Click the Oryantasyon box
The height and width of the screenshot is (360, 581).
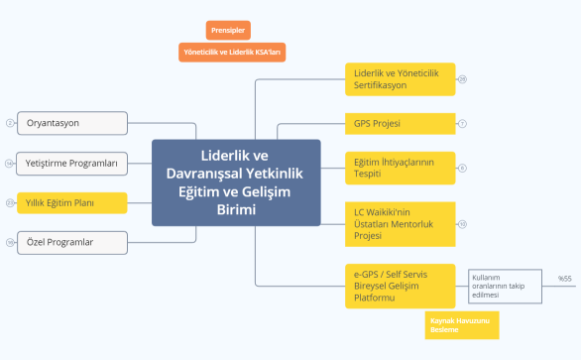pos(72,123)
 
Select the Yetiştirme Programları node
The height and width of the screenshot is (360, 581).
pos(72,163)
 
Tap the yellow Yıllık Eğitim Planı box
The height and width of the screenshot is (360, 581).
pos(72,202)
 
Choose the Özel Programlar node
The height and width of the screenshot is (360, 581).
pos(72,242)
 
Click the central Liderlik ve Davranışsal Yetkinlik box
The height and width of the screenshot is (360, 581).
pos(236,182)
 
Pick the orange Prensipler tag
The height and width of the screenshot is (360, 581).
pos(229,30)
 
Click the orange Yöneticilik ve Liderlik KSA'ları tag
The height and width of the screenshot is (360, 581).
pos(233,52)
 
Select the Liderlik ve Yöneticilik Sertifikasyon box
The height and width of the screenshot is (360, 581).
pos(400,79)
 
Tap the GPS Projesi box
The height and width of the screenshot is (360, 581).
pos(400,124)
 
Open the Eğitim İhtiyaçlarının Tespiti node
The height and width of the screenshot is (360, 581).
pos(400,168)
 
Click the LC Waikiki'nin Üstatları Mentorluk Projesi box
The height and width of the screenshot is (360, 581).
pos(400,223)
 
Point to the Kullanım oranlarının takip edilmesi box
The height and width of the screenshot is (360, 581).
pos(505,284)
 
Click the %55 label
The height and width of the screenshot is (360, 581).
pos(565,280)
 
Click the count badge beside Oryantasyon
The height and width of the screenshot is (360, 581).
pos(10,123)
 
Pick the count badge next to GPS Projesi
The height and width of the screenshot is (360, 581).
pos(462,124)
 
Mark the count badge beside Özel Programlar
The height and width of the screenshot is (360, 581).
pos(10,242)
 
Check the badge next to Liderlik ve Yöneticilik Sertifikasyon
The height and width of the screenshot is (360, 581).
pos(462,78)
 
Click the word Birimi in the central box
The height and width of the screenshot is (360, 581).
pos(236,210)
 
